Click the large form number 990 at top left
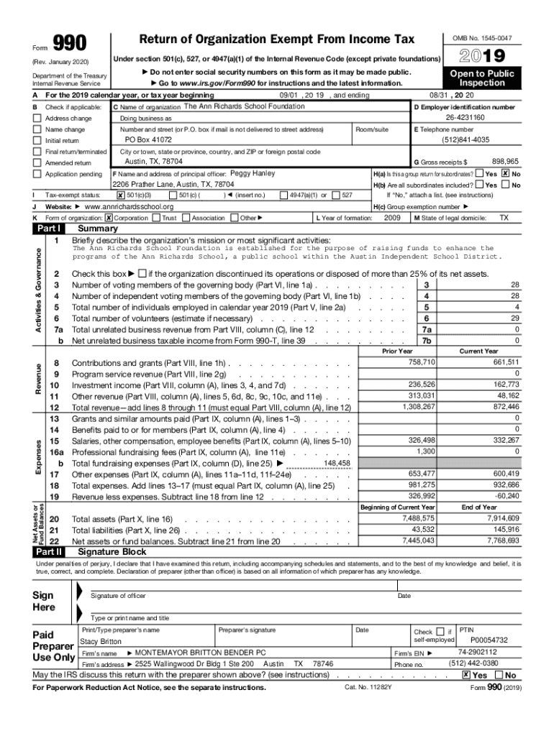tap(71, 44)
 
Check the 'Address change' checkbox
tap(37, 118)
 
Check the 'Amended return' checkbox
tap(37, 163)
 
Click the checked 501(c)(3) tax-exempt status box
tap(120, 195)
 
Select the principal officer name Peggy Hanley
tap(252, 174)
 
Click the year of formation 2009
tap(392, 217)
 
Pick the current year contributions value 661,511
tap(504, 362)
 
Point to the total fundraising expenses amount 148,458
tap(337, 464)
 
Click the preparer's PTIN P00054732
tap(489, 640)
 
